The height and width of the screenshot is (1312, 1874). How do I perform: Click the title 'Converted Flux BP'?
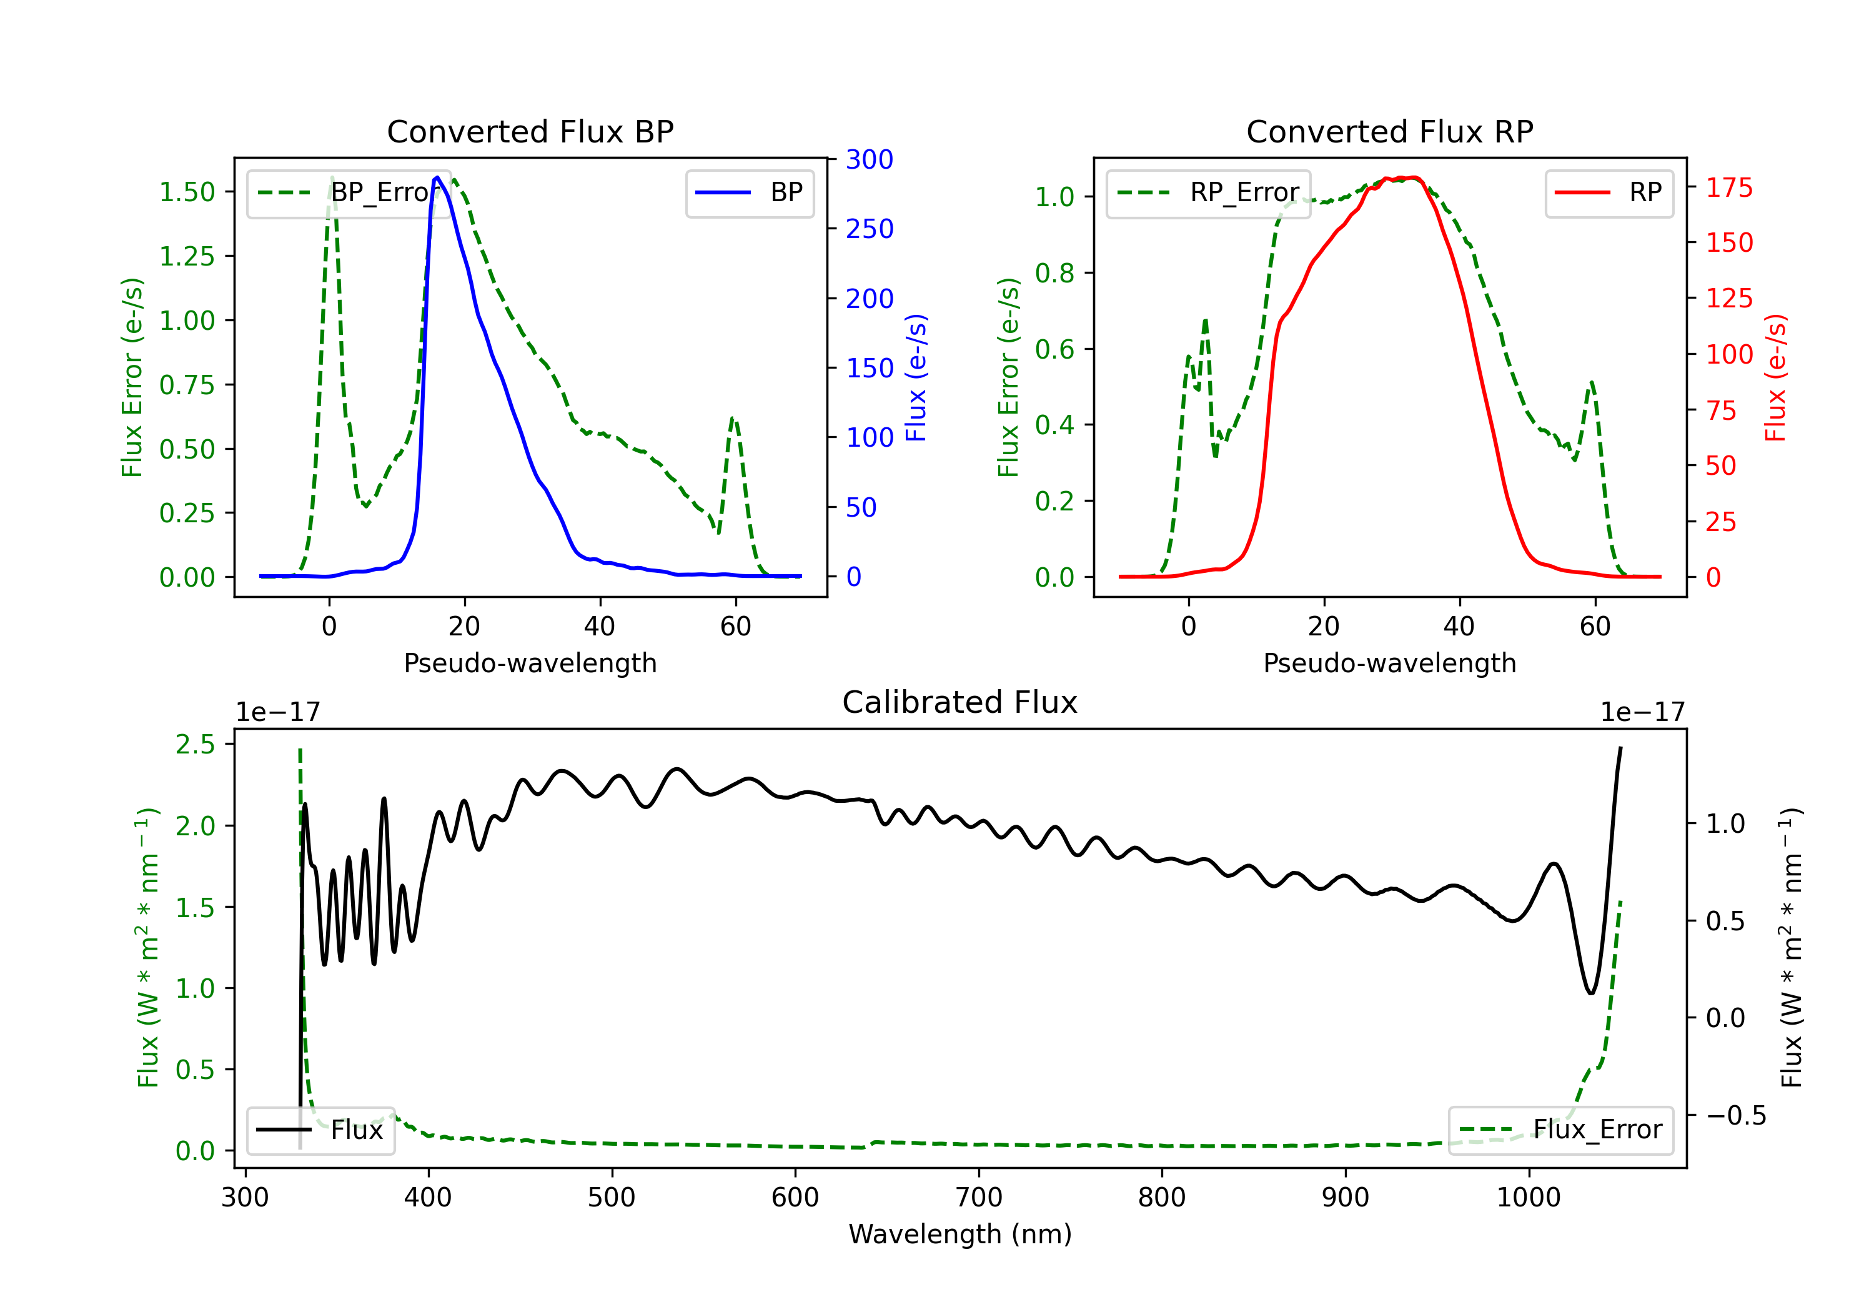(530, 131)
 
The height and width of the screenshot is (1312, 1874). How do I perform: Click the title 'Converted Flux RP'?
(1390, 131)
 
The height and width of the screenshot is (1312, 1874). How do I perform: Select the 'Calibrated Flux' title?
(960, 702)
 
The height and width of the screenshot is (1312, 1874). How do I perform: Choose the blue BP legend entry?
(749, 192)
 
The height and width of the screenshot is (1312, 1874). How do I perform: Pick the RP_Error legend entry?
(1208, 192)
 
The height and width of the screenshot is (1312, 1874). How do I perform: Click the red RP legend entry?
(1609, 192)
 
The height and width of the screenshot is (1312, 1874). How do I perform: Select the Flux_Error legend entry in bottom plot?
(1560, 1130)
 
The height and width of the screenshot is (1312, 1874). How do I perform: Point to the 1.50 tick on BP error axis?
(187, 192)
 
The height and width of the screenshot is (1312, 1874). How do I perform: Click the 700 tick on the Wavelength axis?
(979, 1198)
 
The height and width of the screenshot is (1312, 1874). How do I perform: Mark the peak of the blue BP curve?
(437, 177)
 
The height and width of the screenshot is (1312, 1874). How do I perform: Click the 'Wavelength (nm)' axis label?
(960, 1235)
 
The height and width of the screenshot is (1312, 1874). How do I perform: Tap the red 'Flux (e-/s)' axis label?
(1776, 377)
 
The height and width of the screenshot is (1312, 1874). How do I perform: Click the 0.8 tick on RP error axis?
(1054, 272)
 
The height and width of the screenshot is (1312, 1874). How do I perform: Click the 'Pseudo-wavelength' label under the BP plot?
(530, 663)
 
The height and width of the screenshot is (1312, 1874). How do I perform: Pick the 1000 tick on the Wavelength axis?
(1529, 1198)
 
